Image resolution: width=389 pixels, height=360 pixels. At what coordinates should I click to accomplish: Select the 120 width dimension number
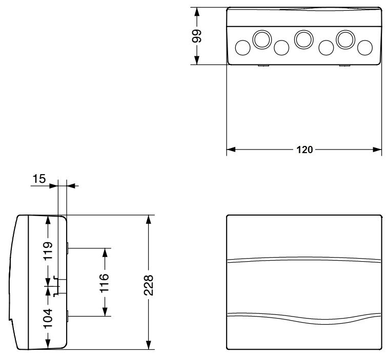304,151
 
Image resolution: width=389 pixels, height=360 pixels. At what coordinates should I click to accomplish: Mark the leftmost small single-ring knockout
242,48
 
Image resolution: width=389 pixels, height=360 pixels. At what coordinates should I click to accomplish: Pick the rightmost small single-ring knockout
364,48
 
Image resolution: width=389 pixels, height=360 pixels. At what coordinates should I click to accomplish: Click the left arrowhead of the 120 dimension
231,151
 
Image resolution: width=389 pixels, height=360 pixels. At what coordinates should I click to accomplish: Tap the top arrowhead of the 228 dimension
149,219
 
